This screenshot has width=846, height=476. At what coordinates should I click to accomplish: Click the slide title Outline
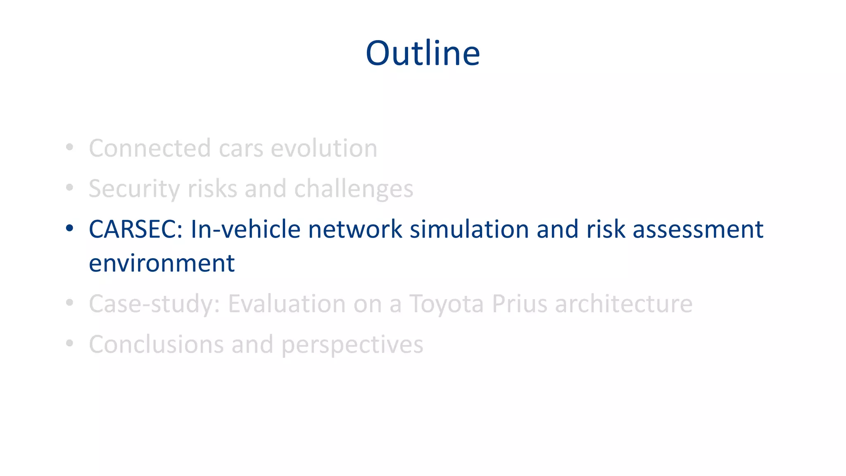coord(423,53)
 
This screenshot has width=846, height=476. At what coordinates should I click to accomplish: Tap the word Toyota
coord(446,304)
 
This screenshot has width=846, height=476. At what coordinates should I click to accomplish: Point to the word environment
coord(162,264)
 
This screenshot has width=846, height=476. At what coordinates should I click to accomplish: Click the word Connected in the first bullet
coord(150,148)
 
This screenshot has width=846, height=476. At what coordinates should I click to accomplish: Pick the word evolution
coord(324,148)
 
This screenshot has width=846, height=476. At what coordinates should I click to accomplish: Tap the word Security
coord(134,189)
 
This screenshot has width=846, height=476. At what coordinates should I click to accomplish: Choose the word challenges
coord(354,189)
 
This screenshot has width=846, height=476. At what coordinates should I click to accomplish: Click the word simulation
coord(469,229)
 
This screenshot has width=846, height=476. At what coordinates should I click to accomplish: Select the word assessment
coord(698,229)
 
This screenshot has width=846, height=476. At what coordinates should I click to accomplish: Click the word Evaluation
coord(287,304)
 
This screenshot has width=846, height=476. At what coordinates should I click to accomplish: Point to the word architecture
coord(623,304)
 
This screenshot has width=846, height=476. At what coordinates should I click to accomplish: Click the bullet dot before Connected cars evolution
coord(69,147)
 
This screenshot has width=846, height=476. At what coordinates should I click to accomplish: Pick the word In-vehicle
coord(245,229)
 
